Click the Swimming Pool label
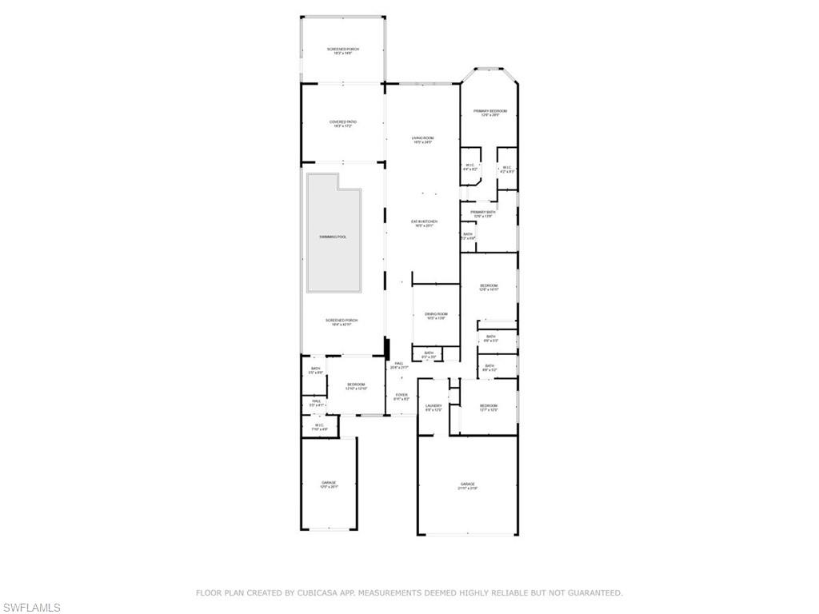pos(333,237)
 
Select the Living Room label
pos(422,140)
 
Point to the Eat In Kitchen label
pos(424,223)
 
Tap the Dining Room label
pos(436,316)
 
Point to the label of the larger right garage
pos(467,485)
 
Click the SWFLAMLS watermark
pos(32,608)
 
